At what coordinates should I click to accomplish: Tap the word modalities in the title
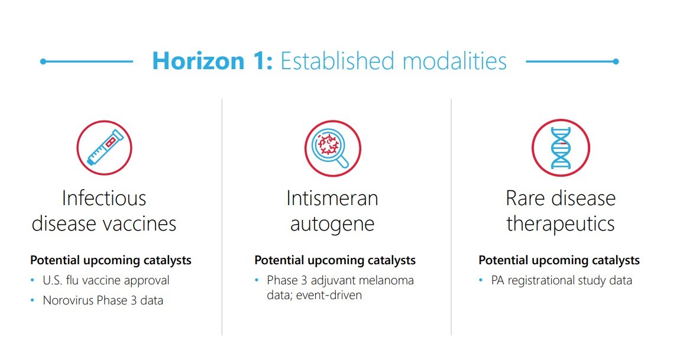(x=454, y=60)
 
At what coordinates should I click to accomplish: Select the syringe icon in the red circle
(x=105, y=148)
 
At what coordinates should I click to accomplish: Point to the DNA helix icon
(x=561, y=148)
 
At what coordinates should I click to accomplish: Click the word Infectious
(x=104, y=198)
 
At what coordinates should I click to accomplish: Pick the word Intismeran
(x=332, y=198)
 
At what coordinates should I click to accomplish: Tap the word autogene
(x=332, y=225)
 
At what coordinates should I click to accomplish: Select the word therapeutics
(x=561, y=224)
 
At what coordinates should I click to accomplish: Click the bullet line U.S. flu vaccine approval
(x=106, y=280)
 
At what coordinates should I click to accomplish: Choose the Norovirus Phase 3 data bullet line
(x=103, y=300)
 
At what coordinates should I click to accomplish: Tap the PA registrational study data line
(x=561, y=280)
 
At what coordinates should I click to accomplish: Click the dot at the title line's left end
(x=43, y=61)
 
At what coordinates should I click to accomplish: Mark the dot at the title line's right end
(x=616, y=61)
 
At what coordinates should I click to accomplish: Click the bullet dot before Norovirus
(x=33, y=300)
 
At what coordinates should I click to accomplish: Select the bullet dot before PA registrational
(x=481, y=280)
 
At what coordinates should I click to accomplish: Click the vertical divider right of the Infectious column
(x=222, y=217)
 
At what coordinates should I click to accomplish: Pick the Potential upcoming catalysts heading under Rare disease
(x=559, y=260)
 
